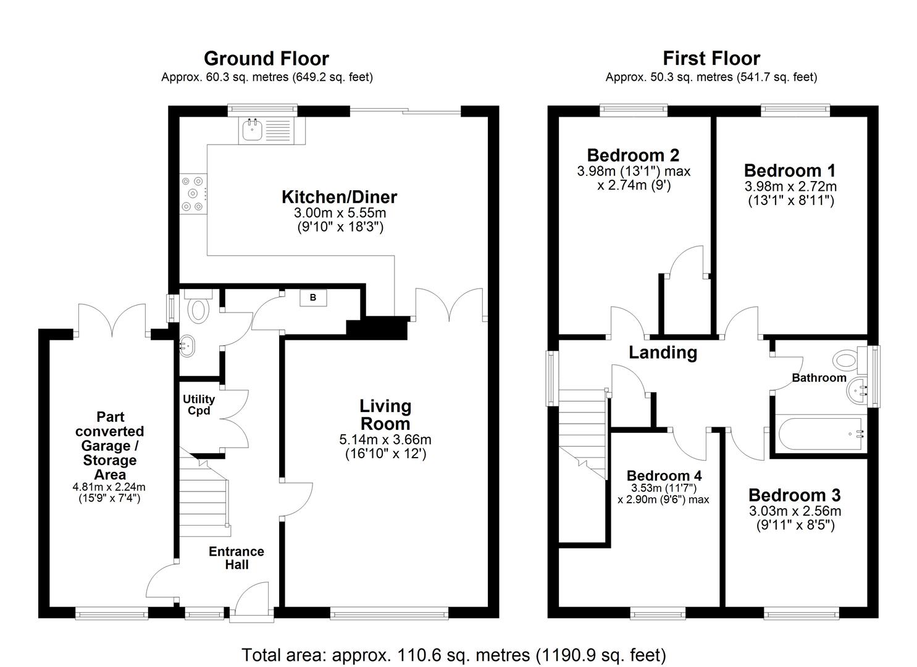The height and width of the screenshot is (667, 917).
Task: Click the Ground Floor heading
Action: coord(266,59)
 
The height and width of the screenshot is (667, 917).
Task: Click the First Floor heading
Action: coord(711,59)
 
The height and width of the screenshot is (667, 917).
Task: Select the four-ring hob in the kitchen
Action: coord(193,194)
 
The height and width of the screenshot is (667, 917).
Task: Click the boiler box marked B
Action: coord(313,298)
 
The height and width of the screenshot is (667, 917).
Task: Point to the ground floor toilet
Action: coord(198,308)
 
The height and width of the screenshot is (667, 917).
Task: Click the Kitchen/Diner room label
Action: coord(339,197)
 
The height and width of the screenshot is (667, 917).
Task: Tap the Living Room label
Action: coord(385,415)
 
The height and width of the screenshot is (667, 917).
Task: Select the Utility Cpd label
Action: coord(198,405)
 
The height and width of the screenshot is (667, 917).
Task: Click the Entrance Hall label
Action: coord(236,558)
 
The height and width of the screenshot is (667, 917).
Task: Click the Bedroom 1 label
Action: coord(789,170)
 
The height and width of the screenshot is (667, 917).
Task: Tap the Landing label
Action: coord(663,353)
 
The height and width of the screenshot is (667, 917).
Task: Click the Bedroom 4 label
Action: coord(664,476)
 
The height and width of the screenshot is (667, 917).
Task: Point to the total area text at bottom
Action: coord(454,655)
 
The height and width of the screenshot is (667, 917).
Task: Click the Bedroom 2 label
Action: coord(633,155)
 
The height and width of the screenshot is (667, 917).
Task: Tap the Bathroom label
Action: coord(819,378)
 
